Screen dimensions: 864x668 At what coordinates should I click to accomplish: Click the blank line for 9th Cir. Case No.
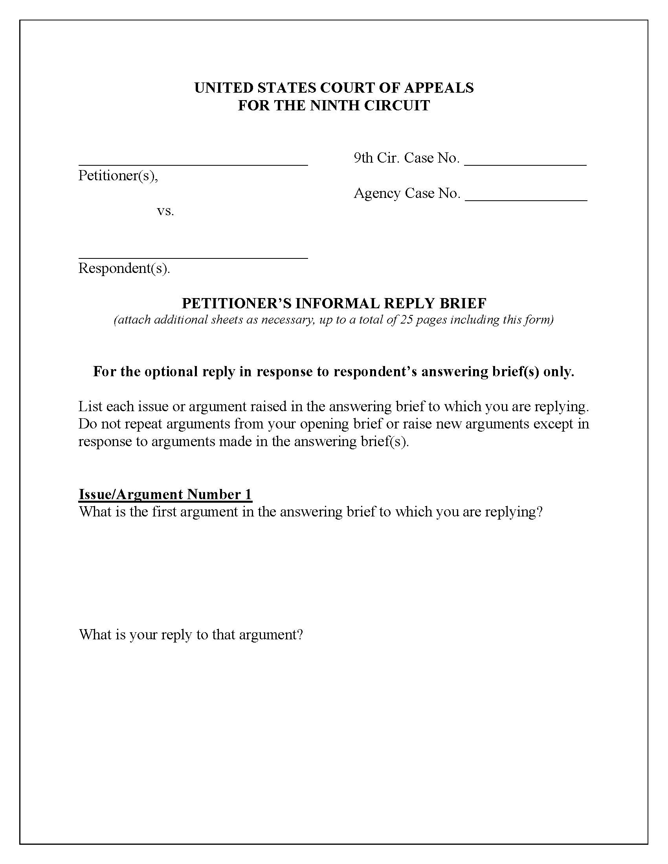525,163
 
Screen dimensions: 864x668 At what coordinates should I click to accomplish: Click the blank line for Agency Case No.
525,198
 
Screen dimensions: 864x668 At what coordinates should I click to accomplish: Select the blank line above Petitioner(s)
193,163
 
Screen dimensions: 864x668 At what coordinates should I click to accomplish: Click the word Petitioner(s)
118,176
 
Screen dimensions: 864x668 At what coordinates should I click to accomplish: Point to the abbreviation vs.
165,211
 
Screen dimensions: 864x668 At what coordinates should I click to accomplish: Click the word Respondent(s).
124,268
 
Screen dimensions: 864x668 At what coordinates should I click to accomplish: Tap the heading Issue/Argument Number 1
165,494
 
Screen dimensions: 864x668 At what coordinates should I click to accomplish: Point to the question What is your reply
191,635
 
